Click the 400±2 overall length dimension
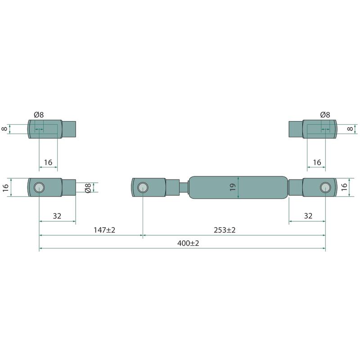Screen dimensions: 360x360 188,243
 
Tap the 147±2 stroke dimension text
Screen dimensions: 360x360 104,230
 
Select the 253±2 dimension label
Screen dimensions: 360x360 225,230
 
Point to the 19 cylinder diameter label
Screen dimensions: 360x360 233,187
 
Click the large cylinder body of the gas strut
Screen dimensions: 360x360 238,187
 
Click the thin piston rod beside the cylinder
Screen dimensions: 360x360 184,187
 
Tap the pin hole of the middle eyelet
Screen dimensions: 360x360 143,187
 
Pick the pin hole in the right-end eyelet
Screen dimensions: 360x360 325,187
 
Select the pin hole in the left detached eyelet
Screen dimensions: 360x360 39,187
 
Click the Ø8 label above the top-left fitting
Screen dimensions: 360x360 39,115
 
